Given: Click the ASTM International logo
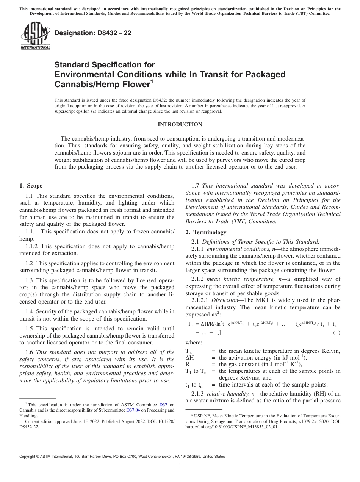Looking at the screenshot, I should pos(35,36).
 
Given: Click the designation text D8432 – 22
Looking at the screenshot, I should pos(93,33).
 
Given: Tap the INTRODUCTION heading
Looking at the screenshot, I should pos(180,124).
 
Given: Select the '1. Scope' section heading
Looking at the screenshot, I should pos(31,186).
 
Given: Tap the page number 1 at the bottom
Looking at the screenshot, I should pos(180,466).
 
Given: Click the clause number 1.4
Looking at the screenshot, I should pos(29,311).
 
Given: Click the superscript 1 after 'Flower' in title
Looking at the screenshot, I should pos(151,81).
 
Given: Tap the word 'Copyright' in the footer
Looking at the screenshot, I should pos(28,457).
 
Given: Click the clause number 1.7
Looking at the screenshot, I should pos(196,186).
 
